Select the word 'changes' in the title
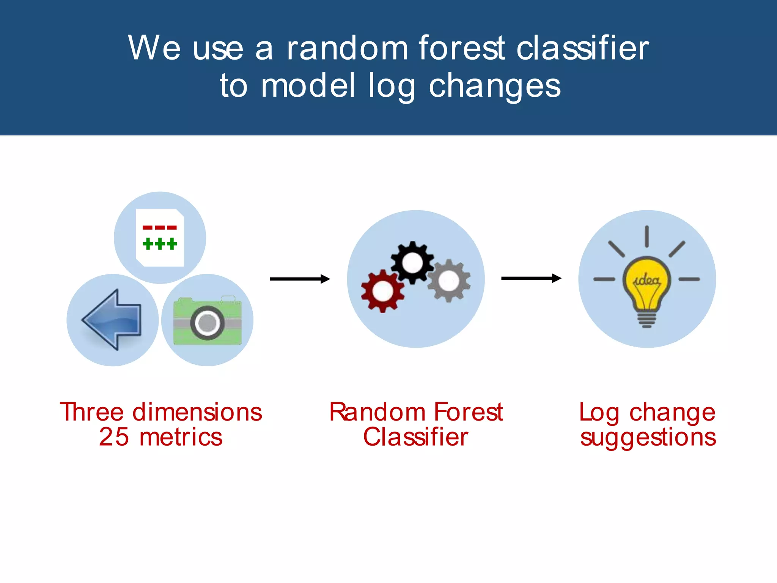click(494, 86)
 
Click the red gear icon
click(382, 291)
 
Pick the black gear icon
click(412, 262)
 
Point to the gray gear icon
click(449, 281)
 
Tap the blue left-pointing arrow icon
click(112, 320)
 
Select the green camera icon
click(207, 321)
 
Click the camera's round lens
click(207, 323)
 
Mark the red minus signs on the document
click(160, 228)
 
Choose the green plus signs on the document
click(160, 243)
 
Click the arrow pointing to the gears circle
click(300, 279)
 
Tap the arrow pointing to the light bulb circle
click(531, 278)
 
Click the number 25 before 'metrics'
click(114, 437)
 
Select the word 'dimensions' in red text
click(197, 412)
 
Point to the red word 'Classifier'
click(416, 437)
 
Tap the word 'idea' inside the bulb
click(647, 280)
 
